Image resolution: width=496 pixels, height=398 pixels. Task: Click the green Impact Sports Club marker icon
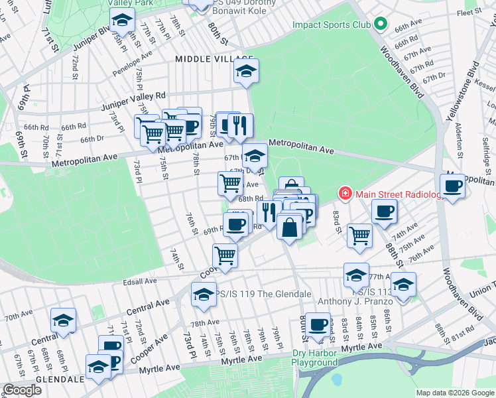[380, 25]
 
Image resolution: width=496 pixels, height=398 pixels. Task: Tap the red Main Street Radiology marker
[345, 194]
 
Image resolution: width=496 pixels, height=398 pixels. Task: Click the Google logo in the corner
[22, 390]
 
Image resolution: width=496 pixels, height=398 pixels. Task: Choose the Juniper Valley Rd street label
[133, 100]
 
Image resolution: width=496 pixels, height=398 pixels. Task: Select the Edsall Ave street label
[141, 281]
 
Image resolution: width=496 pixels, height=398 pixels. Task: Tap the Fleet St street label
[468, 12]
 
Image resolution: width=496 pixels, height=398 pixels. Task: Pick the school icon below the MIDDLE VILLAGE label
[246, 72]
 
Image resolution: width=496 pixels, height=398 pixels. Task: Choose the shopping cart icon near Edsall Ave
[225, 255]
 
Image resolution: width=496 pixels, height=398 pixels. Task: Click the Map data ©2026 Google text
[455, 393]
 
